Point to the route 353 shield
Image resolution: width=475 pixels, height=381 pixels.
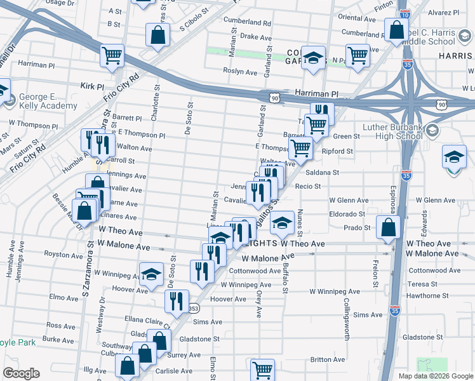(194, 309)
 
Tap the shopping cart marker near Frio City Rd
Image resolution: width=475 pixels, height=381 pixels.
(112, 55)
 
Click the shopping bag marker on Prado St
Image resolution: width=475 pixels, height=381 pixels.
(387, 228)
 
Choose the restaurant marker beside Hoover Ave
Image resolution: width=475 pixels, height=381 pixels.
(177, 300)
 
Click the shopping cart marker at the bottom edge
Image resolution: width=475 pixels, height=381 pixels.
(262, 370)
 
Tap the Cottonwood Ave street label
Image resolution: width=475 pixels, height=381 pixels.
(255, 271)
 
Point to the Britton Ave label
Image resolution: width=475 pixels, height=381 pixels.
(327, 359)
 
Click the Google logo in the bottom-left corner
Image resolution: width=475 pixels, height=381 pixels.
(21, 373)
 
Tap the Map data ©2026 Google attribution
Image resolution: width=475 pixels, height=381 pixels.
(436, 376)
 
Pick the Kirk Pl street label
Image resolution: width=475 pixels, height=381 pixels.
(92, 86)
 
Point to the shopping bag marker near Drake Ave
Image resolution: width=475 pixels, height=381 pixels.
(157, 36)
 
